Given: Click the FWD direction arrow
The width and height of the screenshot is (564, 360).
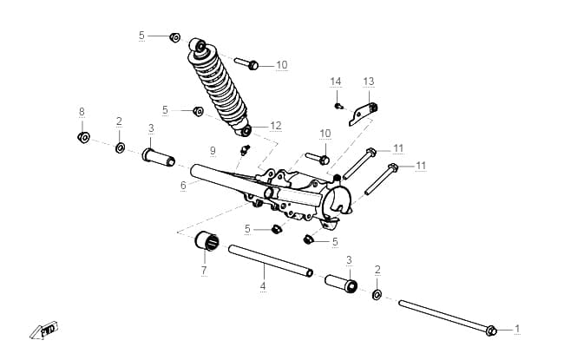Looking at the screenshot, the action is pyautogui.click(x=43, y=331).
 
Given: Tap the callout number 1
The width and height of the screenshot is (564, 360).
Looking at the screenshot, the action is pyautogui.click(x=517, y=329).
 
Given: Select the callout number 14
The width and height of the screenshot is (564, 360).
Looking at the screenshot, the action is pyautogui.click(x=336, y=82).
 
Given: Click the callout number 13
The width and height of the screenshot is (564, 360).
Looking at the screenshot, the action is pyautogui.click(x=369, y=82).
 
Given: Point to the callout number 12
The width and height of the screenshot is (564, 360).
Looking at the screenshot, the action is pyautogui.click(x=276, y=126).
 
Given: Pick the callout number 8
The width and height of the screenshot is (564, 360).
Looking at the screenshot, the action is pyautogui.click(x=82, y=112).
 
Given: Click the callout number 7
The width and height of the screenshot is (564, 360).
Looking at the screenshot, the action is pyautogui.click(x=204, y=270).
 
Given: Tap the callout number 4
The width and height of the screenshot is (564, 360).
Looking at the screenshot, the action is pyautogui.click(x=263, y=286).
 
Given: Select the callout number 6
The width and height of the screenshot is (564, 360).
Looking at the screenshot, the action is pyautogui.click(x=183, y=186).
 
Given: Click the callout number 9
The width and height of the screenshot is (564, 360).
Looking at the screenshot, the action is pyautogui.click(x=213, y=150).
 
